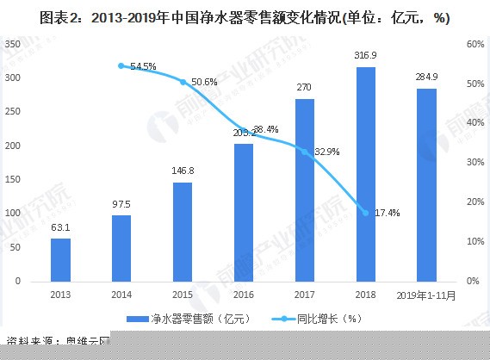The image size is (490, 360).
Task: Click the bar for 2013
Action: coord(60,259)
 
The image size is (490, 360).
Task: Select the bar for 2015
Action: coord(183,232)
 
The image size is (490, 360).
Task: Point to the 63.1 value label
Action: coord(60,228)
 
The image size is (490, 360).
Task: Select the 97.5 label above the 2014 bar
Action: coord(121,205)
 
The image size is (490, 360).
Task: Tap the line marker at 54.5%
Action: coord(121,65)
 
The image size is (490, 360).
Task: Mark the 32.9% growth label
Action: coord(326,152)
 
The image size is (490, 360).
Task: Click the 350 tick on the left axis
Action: coord(15,44)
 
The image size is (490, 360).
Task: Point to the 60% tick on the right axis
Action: coord(474,44)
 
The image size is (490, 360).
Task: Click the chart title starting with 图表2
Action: coord(245,17)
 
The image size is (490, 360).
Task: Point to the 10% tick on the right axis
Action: coord(474,241)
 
